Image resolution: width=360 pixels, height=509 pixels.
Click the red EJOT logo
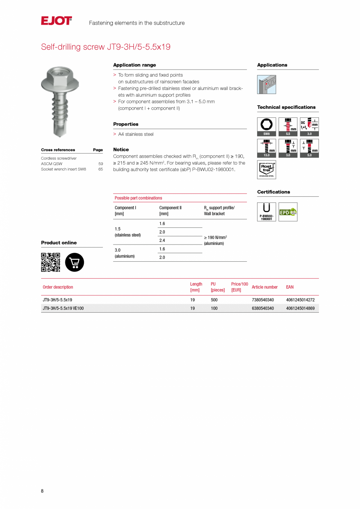(56, 21)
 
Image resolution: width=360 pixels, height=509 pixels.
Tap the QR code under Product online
(50, 262)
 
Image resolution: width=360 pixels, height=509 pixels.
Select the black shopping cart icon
(74, 262)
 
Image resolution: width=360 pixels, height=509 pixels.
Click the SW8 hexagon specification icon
(266, 126)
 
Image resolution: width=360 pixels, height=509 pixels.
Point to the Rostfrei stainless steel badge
(266, 169)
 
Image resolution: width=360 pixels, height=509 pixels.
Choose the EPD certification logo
(288, 212)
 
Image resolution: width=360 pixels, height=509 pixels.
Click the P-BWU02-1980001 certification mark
(266, 212)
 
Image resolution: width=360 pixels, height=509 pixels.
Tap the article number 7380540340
(263, 300)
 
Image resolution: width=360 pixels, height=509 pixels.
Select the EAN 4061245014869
(300, 308)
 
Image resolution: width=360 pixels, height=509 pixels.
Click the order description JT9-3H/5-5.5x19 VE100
(63, 308)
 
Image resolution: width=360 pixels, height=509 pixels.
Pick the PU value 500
(214, 300)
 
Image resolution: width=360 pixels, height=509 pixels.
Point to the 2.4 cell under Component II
(162, 241)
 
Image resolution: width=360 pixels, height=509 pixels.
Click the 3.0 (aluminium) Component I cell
(124, 253)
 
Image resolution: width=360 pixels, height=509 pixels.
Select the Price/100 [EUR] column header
(239, 287)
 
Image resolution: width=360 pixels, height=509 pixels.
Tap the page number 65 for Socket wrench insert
(101, 169)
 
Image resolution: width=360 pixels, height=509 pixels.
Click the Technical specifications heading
(286, 107)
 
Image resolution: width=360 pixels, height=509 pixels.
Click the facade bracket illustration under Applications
(266, 85)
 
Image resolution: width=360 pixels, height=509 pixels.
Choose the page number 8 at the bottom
(42, 491)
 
